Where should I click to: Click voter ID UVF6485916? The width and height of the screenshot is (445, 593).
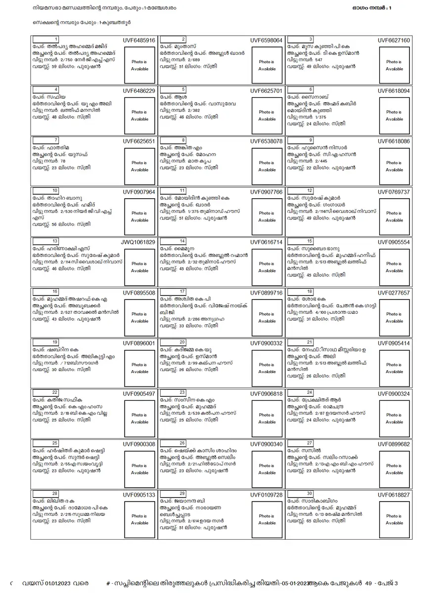(x=139, y=41)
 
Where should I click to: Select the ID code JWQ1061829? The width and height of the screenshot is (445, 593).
(x=139, y=242)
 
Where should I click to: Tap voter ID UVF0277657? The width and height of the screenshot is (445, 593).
(x=394, y=293)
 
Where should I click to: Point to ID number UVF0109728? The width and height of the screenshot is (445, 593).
(x=267, y=494)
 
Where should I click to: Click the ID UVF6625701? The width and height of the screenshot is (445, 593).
(x=267, y=91)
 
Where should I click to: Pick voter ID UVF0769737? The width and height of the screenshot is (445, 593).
(x=394, y=192)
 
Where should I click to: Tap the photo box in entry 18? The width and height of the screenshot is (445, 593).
(x=394, y=317)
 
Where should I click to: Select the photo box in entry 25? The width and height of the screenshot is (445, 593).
(x=139, y=469)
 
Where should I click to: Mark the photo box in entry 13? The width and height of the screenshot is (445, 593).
(x=139, y=267)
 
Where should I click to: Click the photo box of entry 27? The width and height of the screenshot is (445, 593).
(x=394, y=469)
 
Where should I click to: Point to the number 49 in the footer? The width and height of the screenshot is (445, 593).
(x=368, y=583)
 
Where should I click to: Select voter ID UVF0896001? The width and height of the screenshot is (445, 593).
(x=139, y=343)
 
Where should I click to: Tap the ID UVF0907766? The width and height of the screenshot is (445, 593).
(x=267, y=192)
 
